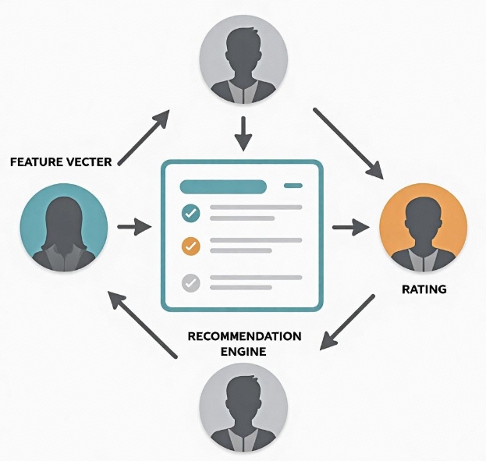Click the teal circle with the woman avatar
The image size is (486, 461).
click(x=63, y=227)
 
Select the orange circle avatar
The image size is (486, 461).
click(x=422, y=227)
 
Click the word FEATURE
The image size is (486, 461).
click(x=39, y=162)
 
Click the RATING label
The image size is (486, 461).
click(x=424, y=289)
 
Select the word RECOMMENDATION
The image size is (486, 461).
click(x=244, y=336)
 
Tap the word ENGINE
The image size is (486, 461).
click(x=244, y=352)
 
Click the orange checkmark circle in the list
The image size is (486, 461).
click(x=190, y=246)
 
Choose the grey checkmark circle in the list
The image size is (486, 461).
click(x=190, y=282)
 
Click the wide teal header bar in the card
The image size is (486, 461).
click(x=223, y=186)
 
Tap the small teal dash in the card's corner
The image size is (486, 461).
click(x=293, y=186)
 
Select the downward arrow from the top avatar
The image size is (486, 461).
click(x=243, y=134)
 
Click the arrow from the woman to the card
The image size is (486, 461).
click(x=134, y=228)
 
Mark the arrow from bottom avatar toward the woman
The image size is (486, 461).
click(x=141, y=324)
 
